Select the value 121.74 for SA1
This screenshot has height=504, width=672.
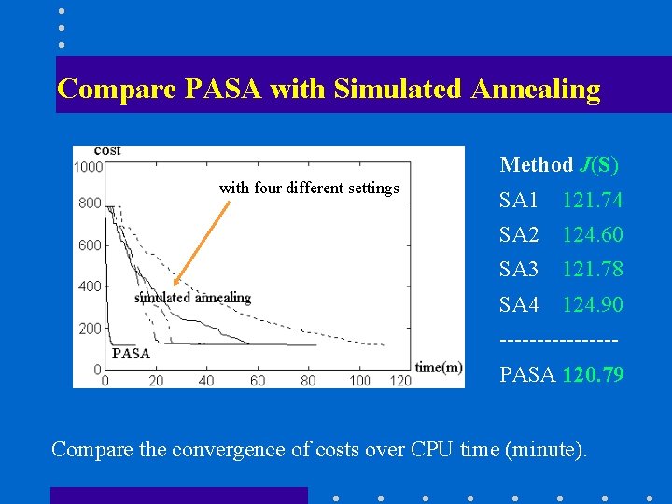(x=592, y=200)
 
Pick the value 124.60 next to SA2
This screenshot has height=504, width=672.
(x=592, y=234)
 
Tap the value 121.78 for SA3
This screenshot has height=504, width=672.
(x=592, y=270)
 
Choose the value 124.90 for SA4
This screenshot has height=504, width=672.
(x=592, y=305)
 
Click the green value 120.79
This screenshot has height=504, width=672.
(x=593, y=375)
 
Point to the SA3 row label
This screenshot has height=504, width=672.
(x=519, y=270)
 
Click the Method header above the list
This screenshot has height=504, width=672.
(x=536, y=165)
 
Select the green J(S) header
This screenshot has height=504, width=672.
(x=598, y=165)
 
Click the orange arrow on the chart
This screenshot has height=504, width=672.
(x=202, y=242)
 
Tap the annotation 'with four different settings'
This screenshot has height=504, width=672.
(x=309, y=188)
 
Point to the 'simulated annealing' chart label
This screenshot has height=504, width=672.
(x=192, y=298)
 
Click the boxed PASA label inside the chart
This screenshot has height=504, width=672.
(x=131, y=353)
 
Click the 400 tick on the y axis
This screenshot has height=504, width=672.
(x=90, y=287)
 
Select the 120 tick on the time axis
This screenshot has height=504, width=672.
(x=399, y=380)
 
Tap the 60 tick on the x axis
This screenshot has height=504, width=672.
(x=257, y=380)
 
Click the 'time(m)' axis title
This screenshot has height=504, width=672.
(x=439, y=367)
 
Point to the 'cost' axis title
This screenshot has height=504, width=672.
(x=107, y=150)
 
